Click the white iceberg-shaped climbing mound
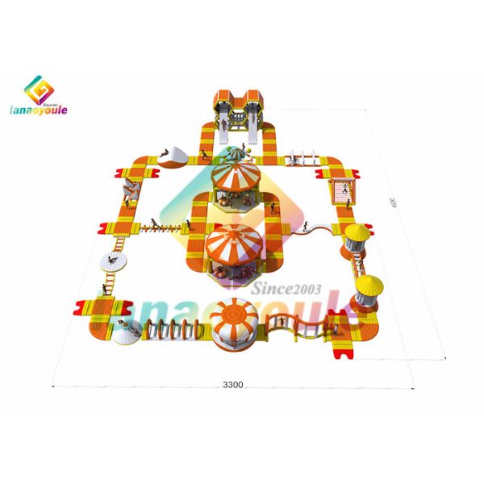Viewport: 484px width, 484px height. (173, 153)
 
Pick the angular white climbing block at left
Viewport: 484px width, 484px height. (127, 188)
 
